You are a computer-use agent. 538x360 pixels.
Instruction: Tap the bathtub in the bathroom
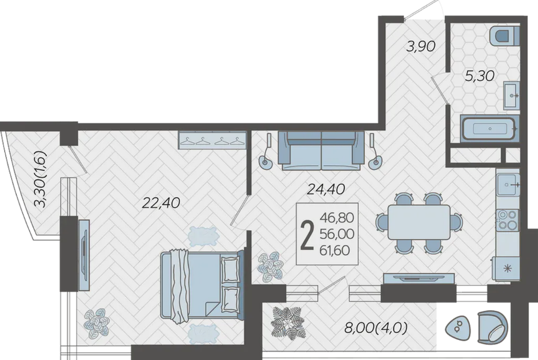click(x=489, y=129)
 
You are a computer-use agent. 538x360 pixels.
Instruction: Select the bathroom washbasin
click(x=512, y=95)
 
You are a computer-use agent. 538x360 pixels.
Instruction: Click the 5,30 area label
click(x=480, y=76)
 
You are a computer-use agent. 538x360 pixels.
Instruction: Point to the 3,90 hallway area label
click(x=421, y=46)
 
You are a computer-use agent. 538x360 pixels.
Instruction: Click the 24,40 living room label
click(x=326, y=189)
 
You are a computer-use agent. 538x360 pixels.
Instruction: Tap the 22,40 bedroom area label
click(x=161, y=203)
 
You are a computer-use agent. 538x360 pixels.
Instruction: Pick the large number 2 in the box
click(x=307, y=234)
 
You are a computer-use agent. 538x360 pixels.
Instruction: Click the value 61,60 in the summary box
click(x=334, y=250)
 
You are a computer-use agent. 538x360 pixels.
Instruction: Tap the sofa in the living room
click(x=322, y=151)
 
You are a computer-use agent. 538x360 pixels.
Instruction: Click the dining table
click(x=419, y=222)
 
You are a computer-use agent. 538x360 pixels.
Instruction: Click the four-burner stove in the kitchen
click(x=507, y=220)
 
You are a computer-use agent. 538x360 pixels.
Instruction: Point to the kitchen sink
click(x=508, y=185)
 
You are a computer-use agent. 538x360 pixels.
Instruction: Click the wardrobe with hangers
click(x=212, y=140)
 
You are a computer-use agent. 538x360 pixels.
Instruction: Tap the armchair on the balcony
click(x=492, y=327)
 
